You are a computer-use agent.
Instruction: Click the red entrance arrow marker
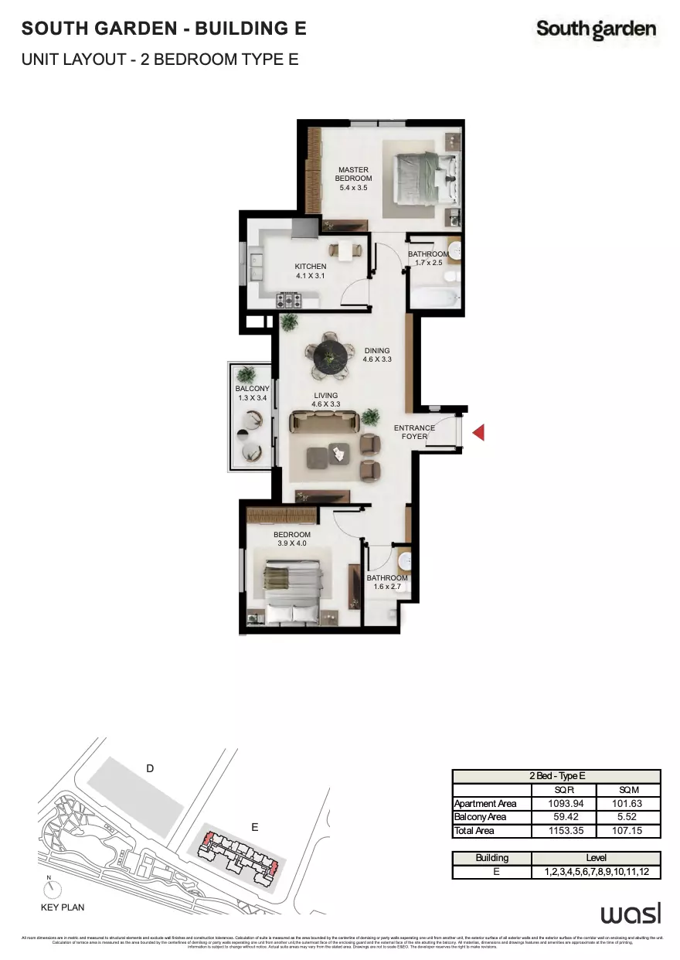(x=479, y=433)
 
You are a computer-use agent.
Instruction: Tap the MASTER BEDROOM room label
(x=353, y=178)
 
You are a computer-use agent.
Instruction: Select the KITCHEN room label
(x=311, y=271)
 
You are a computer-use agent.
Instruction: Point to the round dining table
(x=332, y=356)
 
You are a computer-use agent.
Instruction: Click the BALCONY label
(x=253, y=393)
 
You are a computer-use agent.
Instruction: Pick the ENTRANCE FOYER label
(x=415, y=432)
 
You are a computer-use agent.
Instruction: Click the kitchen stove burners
(x=289, y=298)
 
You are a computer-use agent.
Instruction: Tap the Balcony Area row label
(x=481, y=817)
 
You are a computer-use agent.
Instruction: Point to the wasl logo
(x=631, y=914)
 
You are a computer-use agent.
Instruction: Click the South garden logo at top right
(x=597, y=29)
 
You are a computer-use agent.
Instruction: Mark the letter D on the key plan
(x=151, y=768)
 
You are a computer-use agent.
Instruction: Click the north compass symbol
(x=49, y=888)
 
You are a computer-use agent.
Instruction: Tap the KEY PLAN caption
(x=63, y=907)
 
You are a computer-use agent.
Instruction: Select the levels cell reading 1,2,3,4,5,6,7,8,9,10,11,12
(x=596, y=872)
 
